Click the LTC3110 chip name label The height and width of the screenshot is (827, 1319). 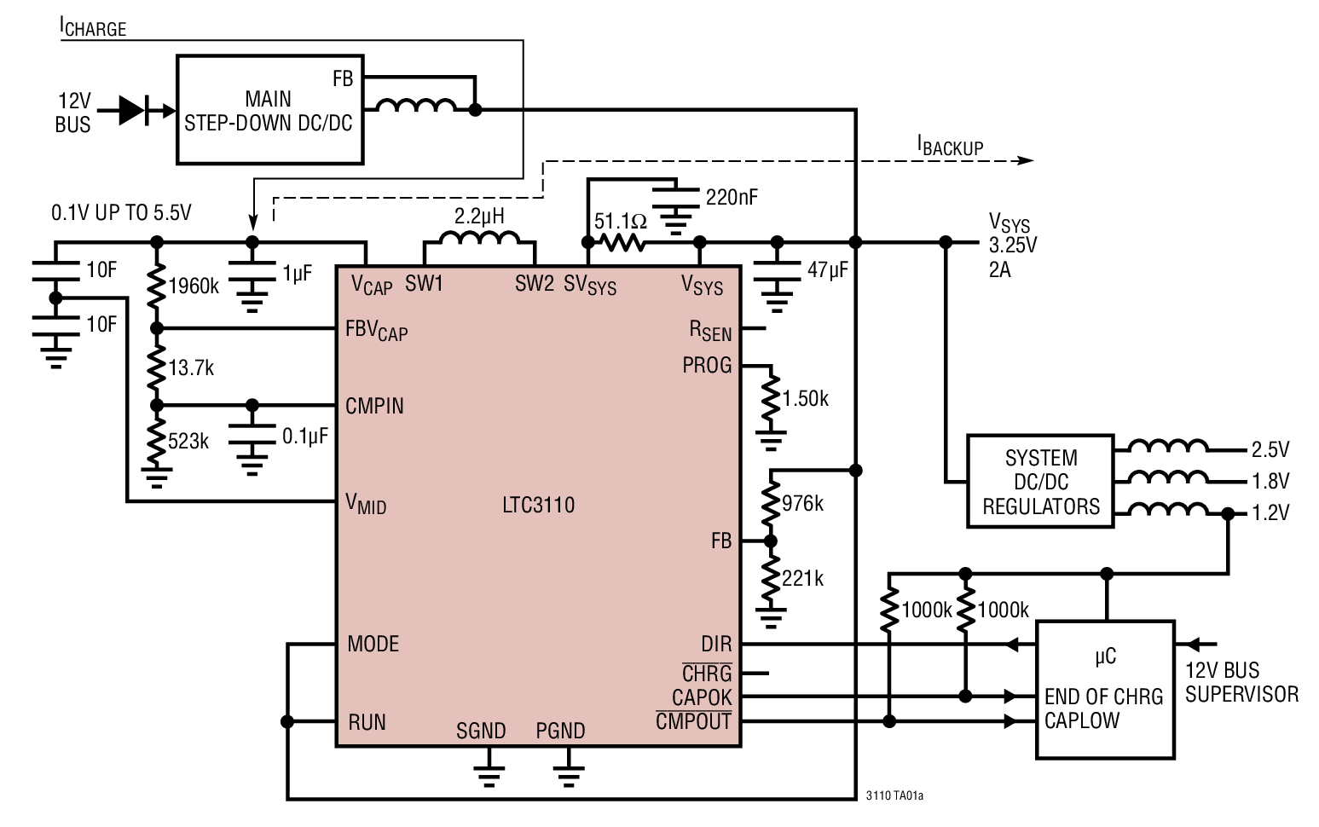coord(538,505)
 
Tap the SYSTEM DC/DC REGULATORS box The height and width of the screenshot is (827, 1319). coord(1040,482)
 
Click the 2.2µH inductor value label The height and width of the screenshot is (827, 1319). coord(479,216)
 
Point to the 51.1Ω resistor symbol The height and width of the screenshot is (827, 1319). coord(621,243)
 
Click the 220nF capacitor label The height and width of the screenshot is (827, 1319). coord(732,198)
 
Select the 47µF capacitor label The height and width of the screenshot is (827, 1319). coord(828,270)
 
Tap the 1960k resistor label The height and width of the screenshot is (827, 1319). coord(194,286)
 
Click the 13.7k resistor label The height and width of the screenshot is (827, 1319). coord(191,368)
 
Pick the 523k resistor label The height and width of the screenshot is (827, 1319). coord(188,442)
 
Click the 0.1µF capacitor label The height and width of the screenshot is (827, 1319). coord(305,437)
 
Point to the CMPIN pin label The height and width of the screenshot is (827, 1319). coord(374,406)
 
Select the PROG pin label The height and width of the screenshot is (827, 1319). coord(707,366)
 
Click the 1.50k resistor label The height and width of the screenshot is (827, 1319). coord(806,399)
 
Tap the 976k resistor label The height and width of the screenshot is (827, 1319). coord(803,504)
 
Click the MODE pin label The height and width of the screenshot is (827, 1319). coord(373,644)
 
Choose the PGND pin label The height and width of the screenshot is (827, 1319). coord(560,732)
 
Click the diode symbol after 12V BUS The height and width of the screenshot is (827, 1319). coord(134,110)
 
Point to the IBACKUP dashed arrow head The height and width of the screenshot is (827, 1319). coord(1027,160)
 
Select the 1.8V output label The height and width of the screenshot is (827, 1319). coord(1270,481)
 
